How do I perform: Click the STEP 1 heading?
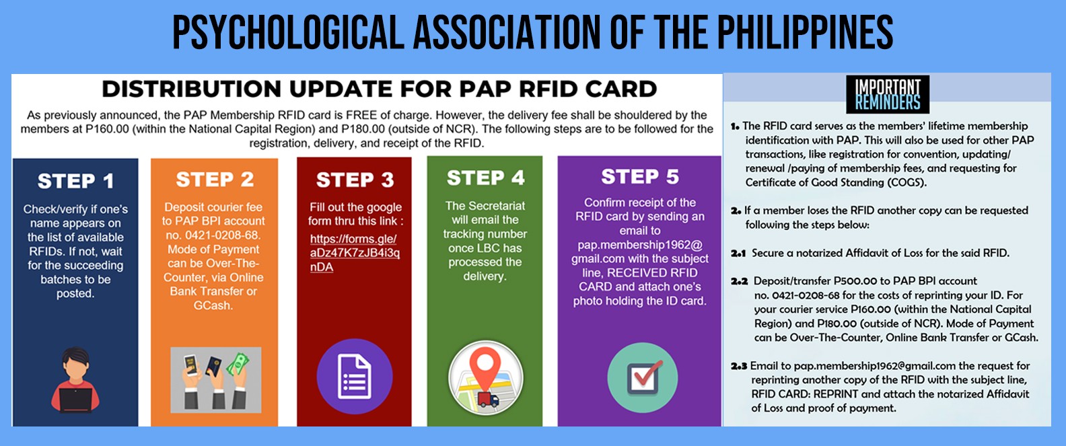click(x=75, y=181)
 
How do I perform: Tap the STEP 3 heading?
click(x=355, y=180)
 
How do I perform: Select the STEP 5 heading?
click(x=639, y=176)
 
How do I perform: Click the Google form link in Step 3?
click(x=355, y=252)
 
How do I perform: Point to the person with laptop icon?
click(x=75, y=379)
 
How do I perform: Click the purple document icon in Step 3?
click(x=355, y=376)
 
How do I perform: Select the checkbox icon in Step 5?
click(x=643, y=377)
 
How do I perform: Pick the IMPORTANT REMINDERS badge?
click(x=888, y=94)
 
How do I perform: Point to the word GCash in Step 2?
click(x=213, y=305)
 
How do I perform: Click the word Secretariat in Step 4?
click(x=497, y=205)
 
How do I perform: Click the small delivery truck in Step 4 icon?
click(x=488, y=400)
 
